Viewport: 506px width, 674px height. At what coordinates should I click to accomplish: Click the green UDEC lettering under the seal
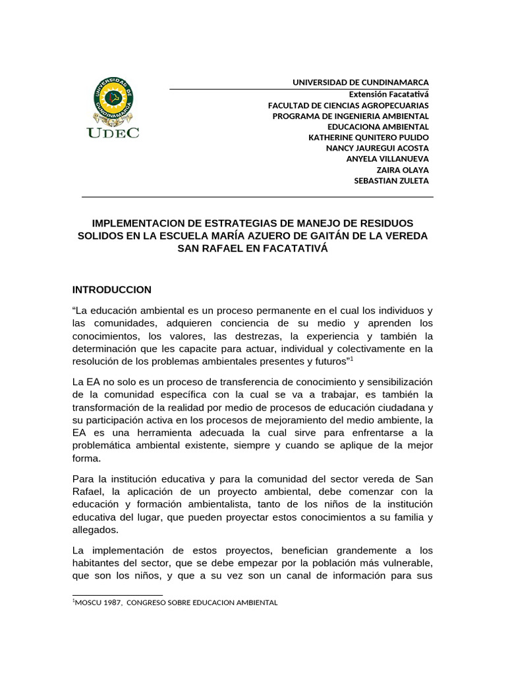click(113, 132)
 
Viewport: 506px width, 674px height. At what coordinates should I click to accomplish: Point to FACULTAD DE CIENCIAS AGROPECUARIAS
click(348, 105)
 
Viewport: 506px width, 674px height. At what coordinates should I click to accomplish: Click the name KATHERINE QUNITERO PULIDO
click(368, 138)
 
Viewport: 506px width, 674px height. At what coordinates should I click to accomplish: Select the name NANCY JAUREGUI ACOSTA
click(377, 148)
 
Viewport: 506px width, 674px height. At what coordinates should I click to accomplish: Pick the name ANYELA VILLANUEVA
click(387, 159)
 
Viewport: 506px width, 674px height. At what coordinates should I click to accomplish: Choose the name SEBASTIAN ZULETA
click(391, 180)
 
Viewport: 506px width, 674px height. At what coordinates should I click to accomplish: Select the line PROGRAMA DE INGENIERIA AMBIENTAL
click(351, 116)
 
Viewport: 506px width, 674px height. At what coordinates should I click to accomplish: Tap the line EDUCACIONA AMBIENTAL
click(378, 126)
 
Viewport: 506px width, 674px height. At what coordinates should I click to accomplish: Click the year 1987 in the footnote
click(113, 602)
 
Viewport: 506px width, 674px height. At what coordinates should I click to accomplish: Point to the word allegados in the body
click(95, 530)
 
